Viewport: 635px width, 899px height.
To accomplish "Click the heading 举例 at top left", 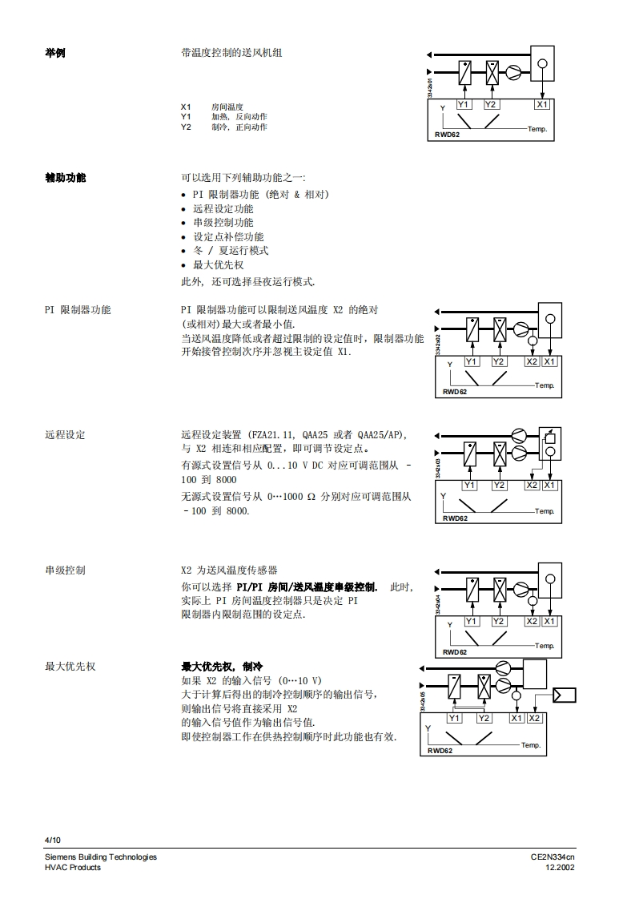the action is pyautogui.click(x=55, y=53).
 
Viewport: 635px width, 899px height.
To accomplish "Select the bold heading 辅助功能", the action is pyautogui.click(x=66, y=177).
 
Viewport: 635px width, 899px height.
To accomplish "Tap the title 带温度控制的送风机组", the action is pyautogui.click(x=231, y=53).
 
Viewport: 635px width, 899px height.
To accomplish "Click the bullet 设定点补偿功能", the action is pyautogui.click(x=228, y=237).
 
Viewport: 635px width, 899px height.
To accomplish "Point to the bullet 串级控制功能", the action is pyautogui.click(x=223, y=223).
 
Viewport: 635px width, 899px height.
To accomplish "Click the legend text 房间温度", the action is pyautogui.click(x=227, y=107).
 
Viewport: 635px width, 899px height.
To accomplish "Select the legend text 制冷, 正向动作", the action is pyautogui.click(x=239, y=127).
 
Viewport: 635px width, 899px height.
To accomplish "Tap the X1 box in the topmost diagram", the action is pyautogui.click(x=542, y=105).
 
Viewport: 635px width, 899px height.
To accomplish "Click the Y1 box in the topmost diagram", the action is pyautogui.click(x=464, y=105).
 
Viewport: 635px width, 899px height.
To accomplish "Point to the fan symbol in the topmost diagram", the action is pyautogui.click(x=512, y=73).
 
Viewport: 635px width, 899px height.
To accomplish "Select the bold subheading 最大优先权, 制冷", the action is pyautogui.click(x=222, y=667).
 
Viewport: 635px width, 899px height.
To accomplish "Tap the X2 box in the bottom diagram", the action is pyautogui.click(x=534, y=718).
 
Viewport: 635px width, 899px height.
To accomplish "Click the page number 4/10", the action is pyautogui.click(x=53, y=840).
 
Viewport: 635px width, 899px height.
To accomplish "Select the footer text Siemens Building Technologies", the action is pyautogui.click(x=101, y=857).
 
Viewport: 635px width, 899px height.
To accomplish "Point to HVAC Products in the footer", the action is pyautogui.click(x=73, y=868).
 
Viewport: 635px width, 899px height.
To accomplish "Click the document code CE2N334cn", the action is pyautogui.click(x=553, y=857).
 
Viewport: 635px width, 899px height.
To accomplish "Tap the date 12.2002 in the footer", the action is pyautogui.click(x=560, y=868).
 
